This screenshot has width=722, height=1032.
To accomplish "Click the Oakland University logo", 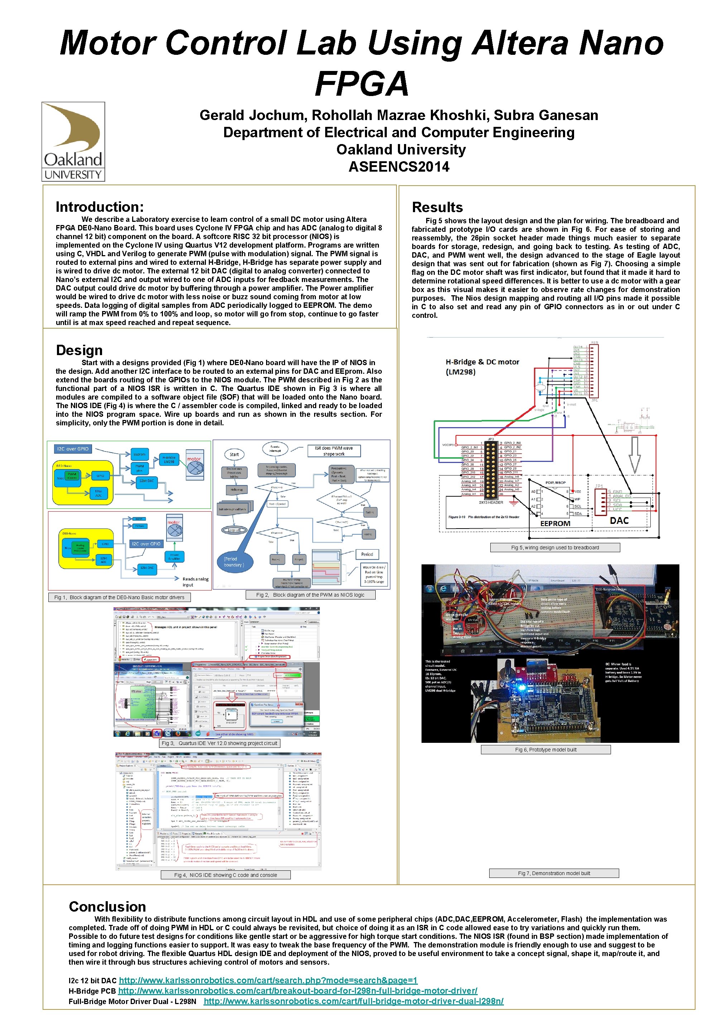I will pyautogui.click(x=73, y=141).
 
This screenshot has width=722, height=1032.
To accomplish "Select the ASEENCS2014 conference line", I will pyautogui.click(x=399, y=167).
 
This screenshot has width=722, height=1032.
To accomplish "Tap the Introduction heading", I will pyautogui.click(x=100, y=207).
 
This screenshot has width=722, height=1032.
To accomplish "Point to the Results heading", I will pyautogui.click(x=437, y=207).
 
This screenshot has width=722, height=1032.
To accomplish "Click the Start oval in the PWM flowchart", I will pyautogui.click(x=234, y=454).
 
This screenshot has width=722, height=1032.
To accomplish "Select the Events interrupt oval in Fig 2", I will pyautogui.click(x=275, y=449).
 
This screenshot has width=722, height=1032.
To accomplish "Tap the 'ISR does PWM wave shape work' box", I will pyautogui.click(x=334, y=451).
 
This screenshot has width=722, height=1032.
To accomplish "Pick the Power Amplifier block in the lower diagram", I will pyautogui.click(x=174, y=556).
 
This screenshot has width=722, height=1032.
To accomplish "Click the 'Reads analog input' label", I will pyautogui.click(x=196, y=582).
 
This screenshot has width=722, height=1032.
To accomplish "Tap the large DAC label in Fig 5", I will pyautogui.click(x=619, y=521).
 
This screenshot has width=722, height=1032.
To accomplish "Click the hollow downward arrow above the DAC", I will pyautogui.click(x=634, y=454).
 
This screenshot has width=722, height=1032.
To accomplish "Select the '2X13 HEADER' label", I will pyautogui.click(x=491, y=502).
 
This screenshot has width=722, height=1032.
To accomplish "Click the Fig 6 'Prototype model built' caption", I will pyautogui.click(x=545, y=749).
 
